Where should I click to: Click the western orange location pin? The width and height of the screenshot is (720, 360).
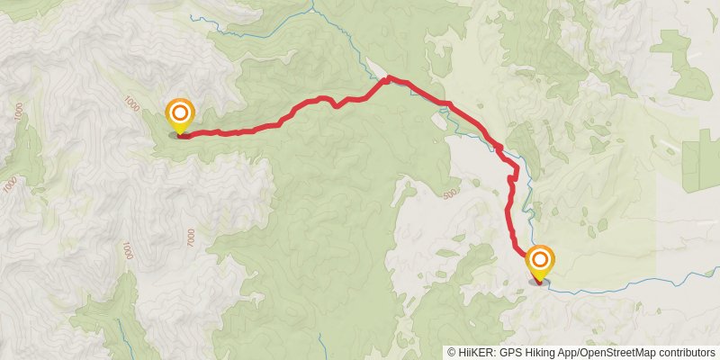pyautogui.click(x=180, y=114)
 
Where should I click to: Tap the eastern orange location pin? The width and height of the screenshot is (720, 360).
pyautogui.click(x=540, y=261)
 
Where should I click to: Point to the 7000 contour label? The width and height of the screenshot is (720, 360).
pyautogui.click(x=191, y=237)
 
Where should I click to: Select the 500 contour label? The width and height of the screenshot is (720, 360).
pyautogui.click(x=451, y=193)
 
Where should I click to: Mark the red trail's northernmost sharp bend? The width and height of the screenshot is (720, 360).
pyautogui.click(x=388, y=79)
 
